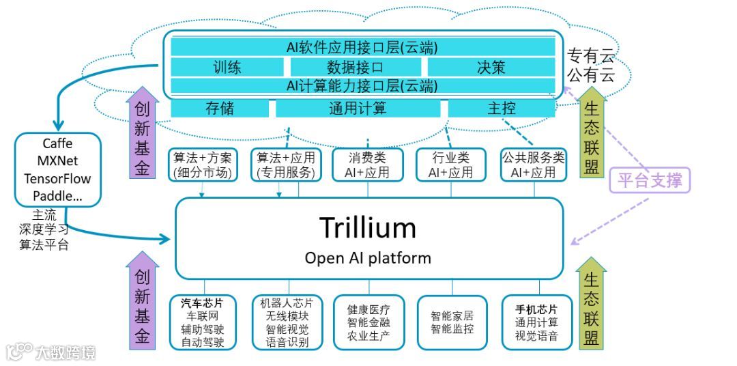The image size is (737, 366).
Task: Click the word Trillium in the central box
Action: (x=369, y=227)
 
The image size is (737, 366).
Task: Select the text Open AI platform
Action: (x=368, y=258)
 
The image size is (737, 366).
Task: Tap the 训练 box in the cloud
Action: (x=227, y=67)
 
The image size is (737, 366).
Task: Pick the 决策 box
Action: (x=491, y=67)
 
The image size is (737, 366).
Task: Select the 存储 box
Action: (x=220, y=108)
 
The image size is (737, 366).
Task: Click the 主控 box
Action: (x=501, y=108)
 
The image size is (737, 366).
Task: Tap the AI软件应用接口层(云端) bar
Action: (x=362, y=47)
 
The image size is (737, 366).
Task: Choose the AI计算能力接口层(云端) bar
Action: (x=362, y=86)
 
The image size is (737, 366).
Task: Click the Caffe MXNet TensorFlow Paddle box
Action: (x=57, y=170)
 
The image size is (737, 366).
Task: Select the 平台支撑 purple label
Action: (x=649, y=180)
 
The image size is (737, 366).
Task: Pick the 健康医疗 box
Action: (x=369, y=322)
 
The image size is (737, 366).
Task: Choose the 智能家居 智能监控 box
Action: (x=452, y=322)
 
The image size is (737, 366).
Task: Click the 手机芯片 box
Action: (x=536, y=322)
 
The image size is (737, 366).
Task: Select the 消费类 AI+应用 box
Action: (x=366, y=165)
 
